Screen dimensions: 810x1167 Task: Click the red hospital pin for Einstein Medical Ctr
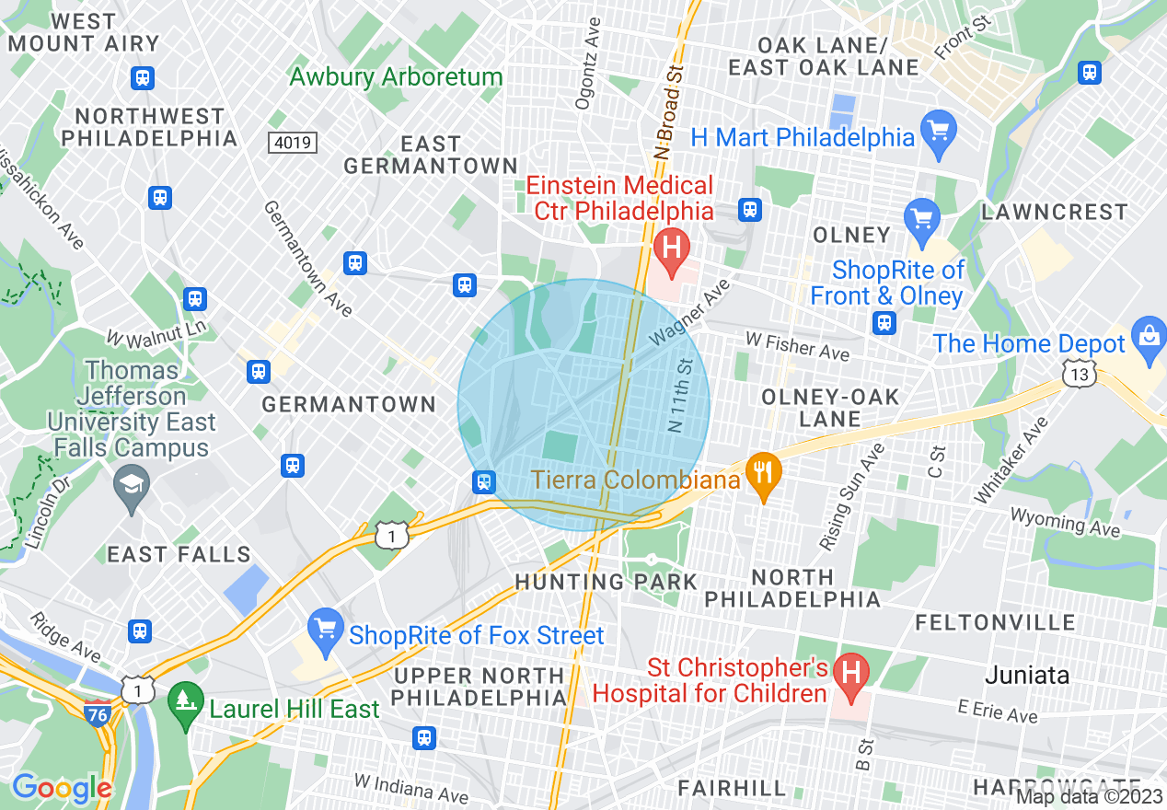tap(671, 249)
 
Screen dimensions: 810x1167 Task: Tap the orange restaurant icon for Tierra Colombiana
tap(762, 475)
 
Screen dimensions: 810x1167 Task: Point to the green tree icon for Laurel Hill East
tap(187, 710)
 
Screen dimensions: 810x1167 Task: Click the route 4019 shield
tap(293, 143)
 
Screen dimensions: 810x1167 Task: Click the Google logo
tap(61, 788)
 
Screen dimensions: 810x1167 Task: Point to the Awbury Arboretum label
tap(396, 76)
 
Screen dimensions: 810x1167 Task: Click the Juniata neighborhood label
tap(1027, 675)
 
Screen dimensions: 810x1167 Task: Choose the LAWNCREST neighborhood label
tap(1054, 212)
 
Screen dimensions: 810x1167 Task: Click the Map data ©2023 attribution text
tap(1088, 796)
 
